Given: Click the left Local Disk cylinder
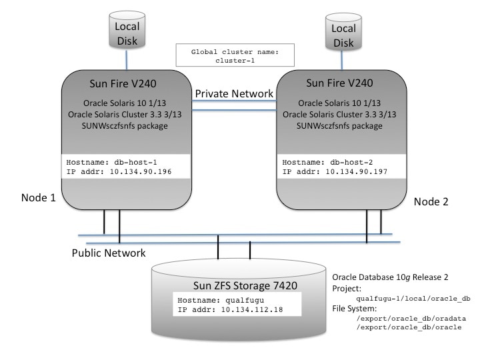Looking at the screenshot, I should (x=126, y=32).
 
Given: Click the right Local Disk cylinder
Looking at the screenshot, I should (x=344, y=35).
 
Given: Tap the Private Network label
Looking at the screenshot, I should (x=233, y=93).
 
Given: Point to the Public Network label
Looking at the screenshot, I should (x=109, y=253).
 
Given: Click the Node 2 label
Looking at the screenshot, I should (x=433, y=201).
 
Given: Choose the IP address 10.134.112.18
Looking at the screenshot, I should (x=231, y=310).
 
